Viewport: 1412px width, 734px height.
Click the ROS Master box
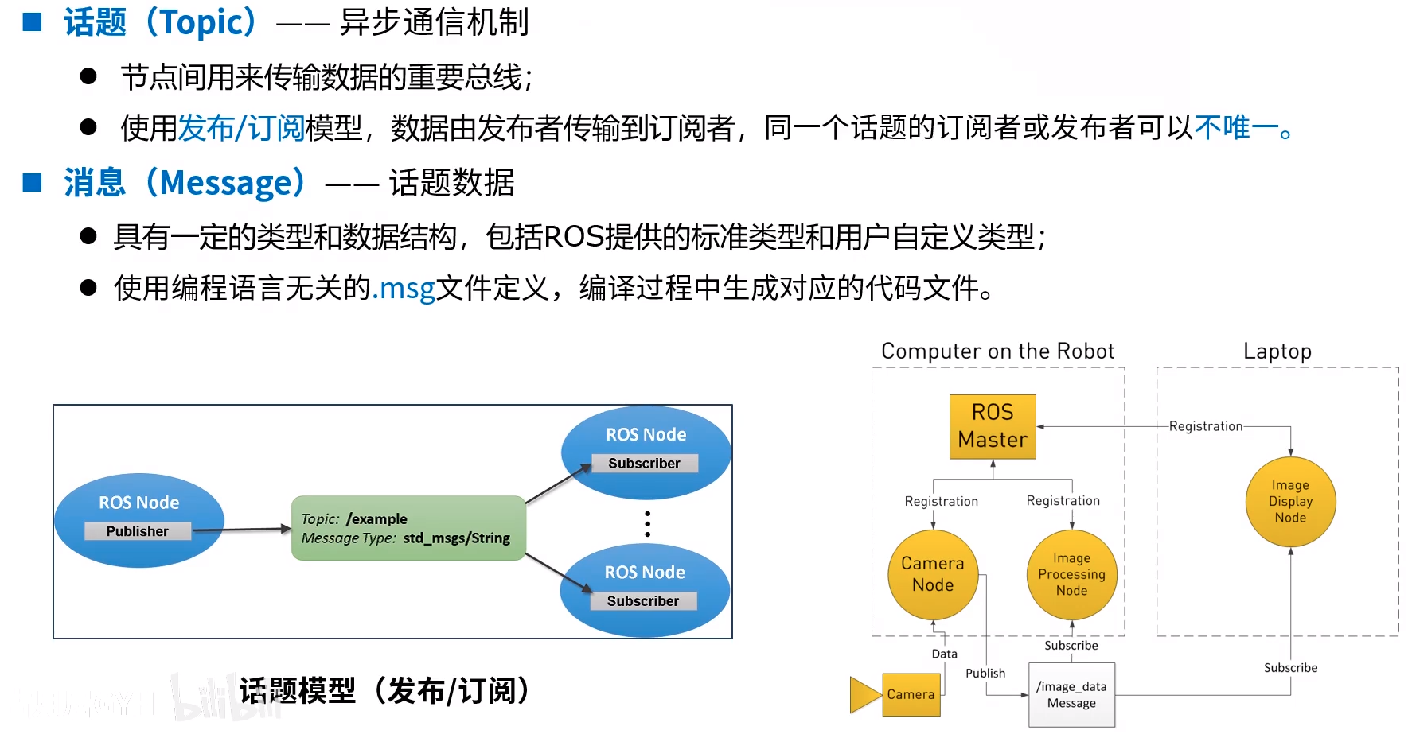pyautogui.click(x=993, y=426)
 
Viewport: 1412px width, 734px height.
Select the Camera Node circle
pyautogui.click(x=933, y=574)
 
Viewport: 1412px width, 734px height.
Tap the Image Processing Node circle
pyautogui.click(x=1071, y=574)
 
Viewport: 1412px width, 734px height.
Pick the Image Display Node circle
pyautogui.click(x=1290, y=501)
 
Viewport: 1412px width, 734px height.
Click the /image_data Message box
pyautogui.click(x=1071, y=695)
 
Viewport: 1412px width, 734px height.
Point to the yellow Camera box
pyautogui.click(x=911, y=694)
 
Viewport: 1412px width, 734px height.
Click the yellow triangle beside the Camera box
pyautogui.click(x=866, y=694)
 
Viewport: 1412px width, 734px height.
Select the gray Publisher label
pyautogui.click(x=138, y=531)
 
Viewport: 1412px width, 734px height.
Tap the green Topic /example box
pyautogui.click(x=408, y=528)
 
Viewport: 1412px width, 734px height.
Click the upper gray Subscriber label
pyautogui.click(x=645, y=464)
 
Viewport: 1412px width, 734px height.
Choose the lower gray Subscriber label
pyautogui.click(x=643, y=601)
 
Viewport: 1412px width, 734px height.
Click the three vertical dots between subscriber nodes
pyautogui.click(x=648, y=524)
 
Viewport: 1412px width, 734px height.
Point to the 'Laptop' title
pyautogui.click(x=1277, y=351)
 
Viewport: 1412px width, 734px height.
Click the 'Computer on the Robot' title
pyautogui.click(x=998, y=351)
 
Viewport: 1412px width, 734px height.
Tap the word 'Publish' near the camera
pyautogui.click(x=985, y=673)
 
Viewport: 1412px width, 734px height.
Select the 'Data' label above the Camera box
pyautogui.click(x=945, y=654)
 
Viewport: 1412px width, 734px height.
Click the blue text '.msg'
pyautogui.click(x=404, y=288)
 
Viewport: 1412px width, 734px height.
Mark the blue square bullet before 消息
pyautogui.click(x=33, y=183)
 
